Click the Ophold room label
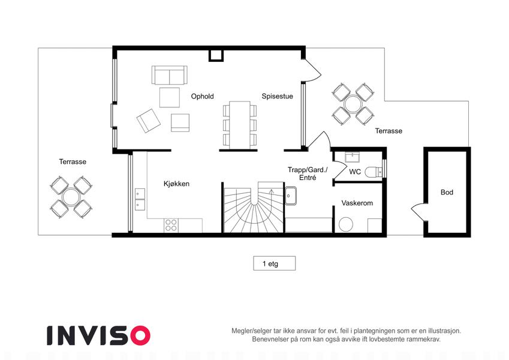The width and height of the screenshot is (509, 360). click(x=202, y=97)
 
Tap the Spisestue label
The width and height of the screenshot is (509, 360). click(x=277, y=96)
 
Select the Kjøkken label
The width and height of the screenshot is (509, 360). click(x=176, y=184)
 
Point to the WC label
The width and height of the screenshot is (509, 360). click(x=355, y=172)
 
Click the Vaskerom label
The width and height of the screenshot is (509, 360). click(x=357, y=203)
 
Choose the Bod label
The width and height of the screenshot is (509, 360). click(x=447, y=193)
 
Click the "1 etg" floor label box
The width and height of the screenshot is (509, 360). click(x=275, y=263)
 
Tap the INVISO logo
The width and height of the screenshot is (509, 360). click(x=98, y=335)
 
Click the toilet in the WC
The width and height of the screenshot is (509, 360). click(x=374, y=172)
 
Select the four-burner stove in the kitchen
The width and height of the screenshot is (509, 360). click(x=171, y=226)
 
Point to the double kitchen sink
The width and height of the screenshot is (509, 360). click(x=140, y=199)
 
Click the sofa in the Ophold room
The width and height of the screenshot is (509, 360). click(x=170, y=75)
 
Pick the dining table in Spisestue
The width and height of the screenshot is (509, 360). click(x=240, y=125)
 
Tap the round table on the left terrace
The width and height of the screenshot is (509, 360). click(x=71, y=197)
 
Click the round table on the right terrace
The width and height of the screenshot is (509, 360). click(x=353, y=104)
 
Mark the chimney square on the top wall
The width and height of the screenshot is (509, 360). click(x=216, y=55)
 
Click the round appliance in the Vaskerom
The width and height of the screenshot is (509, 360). click(x=346, y=225)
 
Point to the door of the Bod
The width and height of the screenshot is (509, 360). click(x=418, y=212)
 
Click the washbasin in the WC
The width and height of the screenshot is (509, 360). click(x=352, y=158)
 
